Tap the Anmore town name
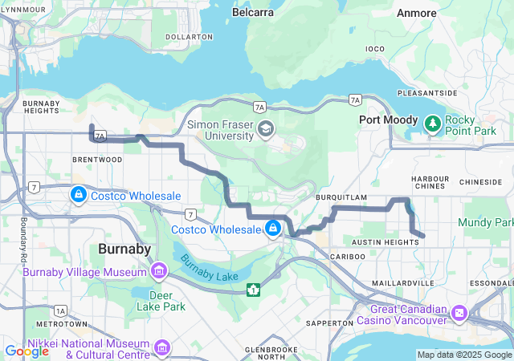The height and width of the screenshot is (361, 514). tap(417, 13)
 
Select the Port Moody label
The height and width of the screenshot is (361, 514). tap(385, 120)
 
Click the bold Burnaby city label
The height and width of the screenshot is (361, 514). tap(124, 249)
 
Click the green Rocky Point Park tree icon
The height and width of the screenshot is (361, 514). tap(433, 124)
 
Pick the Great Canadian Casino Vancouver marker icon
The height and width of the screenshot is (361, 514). tap(459, 312)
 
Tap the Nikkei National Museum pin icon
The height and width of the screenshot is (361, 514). tap(162, 347)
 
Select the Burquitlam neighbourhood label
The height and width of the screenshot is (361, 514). tap(341, 196)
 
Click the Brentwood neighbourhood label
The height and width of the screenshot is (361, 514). tap(96, 160)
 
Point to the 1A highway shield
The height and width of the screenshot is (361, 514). tap(60, 310)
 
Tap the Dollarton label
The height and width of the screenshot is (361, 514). tap(189, 37)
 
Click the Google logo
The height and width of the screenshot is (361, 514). tap(27, 351)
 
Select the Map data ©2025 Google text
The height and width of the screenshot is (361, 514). tap(463, 355)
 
